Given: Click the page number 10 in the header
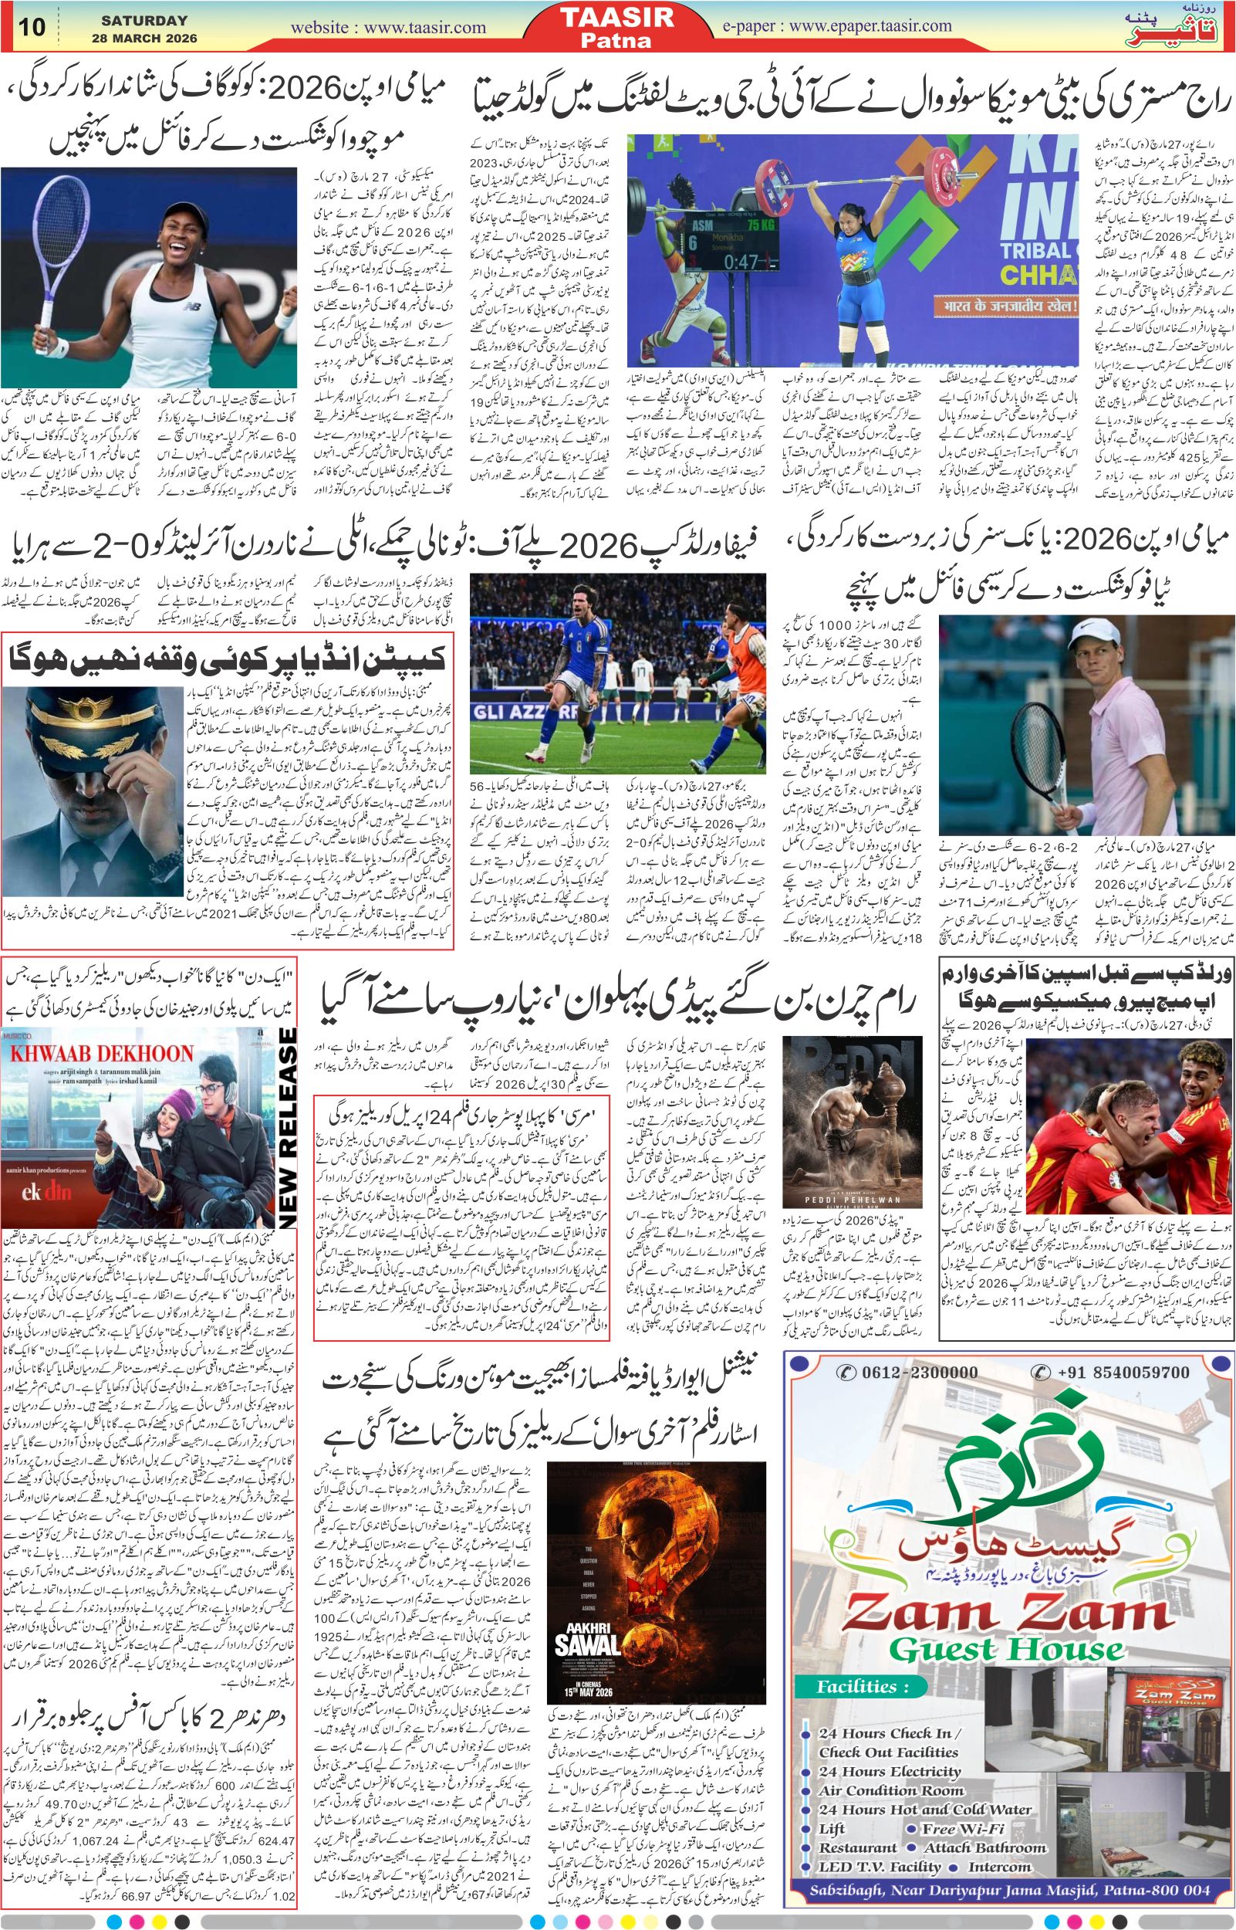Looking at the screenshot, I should pyautogui.click(x=33, y=26).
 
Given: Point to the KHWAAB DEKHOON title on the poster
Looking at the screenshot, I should pyautogui.click(x=102, y=1053).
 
